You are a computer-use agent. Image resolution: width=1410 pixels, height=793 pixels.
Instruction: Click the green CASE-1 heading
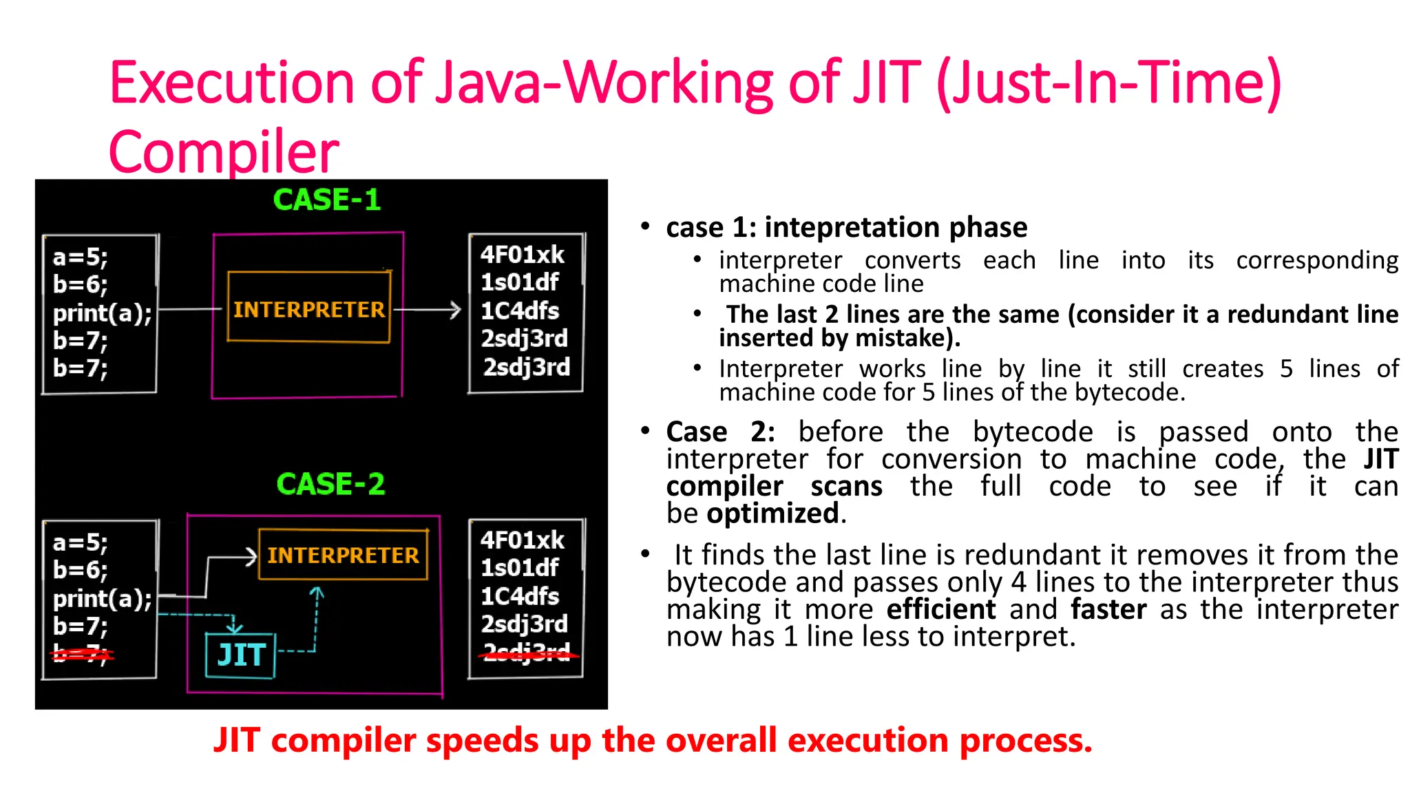pyautogui.click(x=326, y=200)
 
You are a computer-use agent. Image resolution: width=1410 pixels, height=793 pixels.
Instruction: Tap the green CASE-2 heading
pyautogui.click(x=330, y=485)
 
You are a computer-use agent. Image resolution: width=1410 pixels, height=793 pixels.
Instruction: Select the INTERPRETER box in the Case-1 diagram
pyautogui.click(x=308, y=308)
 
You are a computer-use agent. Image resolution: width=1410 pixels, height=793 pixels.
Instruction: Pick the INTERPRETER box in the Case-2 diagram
pyautogui.click(x=343, y=555)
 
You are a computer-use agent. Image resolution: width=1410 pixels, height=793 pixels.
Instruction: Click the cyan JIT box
pyautogui.click(x=240, y=655)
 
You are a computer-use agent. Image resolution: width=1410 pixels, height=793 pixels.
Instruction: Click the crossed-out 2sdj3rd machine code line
pyautogui.click(x=527, y=653)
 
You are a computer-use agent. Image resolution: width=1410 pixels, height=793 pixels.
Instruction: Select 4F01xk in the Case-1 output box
pyautogui.click(x=522, y=255)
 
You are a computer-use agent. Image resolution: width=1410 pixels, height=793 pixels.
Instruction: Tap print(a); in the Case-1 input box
pyautogui.click(x=102, y=313)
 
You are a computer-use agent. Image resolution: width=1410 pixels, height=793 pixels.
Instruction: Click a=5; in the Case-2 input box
pyautogui.click(x=80, y=543)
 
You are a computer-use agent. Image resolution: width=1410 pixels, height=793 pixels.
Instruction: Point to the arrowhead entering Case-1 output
pyautogui.click(x=455, y=310)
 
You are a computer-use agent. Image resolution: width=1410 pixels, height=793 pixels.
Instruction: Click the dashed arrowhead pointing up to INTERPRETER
pyautogui.click(x=316, y=591)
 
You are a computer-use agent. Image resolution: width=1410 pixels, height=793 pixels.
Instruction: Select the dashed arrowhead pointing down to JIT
pyautogui.click(x=234, y=627)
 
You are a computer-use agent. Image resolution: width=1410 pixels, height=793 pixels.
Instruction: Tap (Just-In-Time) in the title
pyautogui.click(x=1108, y=83)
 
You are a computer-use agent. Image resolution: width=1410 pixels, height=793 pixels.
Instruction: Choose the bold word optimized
pyautogui.click(x=772, y=514)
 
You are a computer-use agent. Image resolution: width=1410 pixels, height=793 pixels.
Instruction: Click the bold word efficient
pyautogui.click(x=940, y=610)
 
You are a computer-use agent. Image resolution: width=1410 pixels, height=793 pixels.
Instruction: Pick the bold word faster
pyautogui.click(x=1108, y=610)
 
